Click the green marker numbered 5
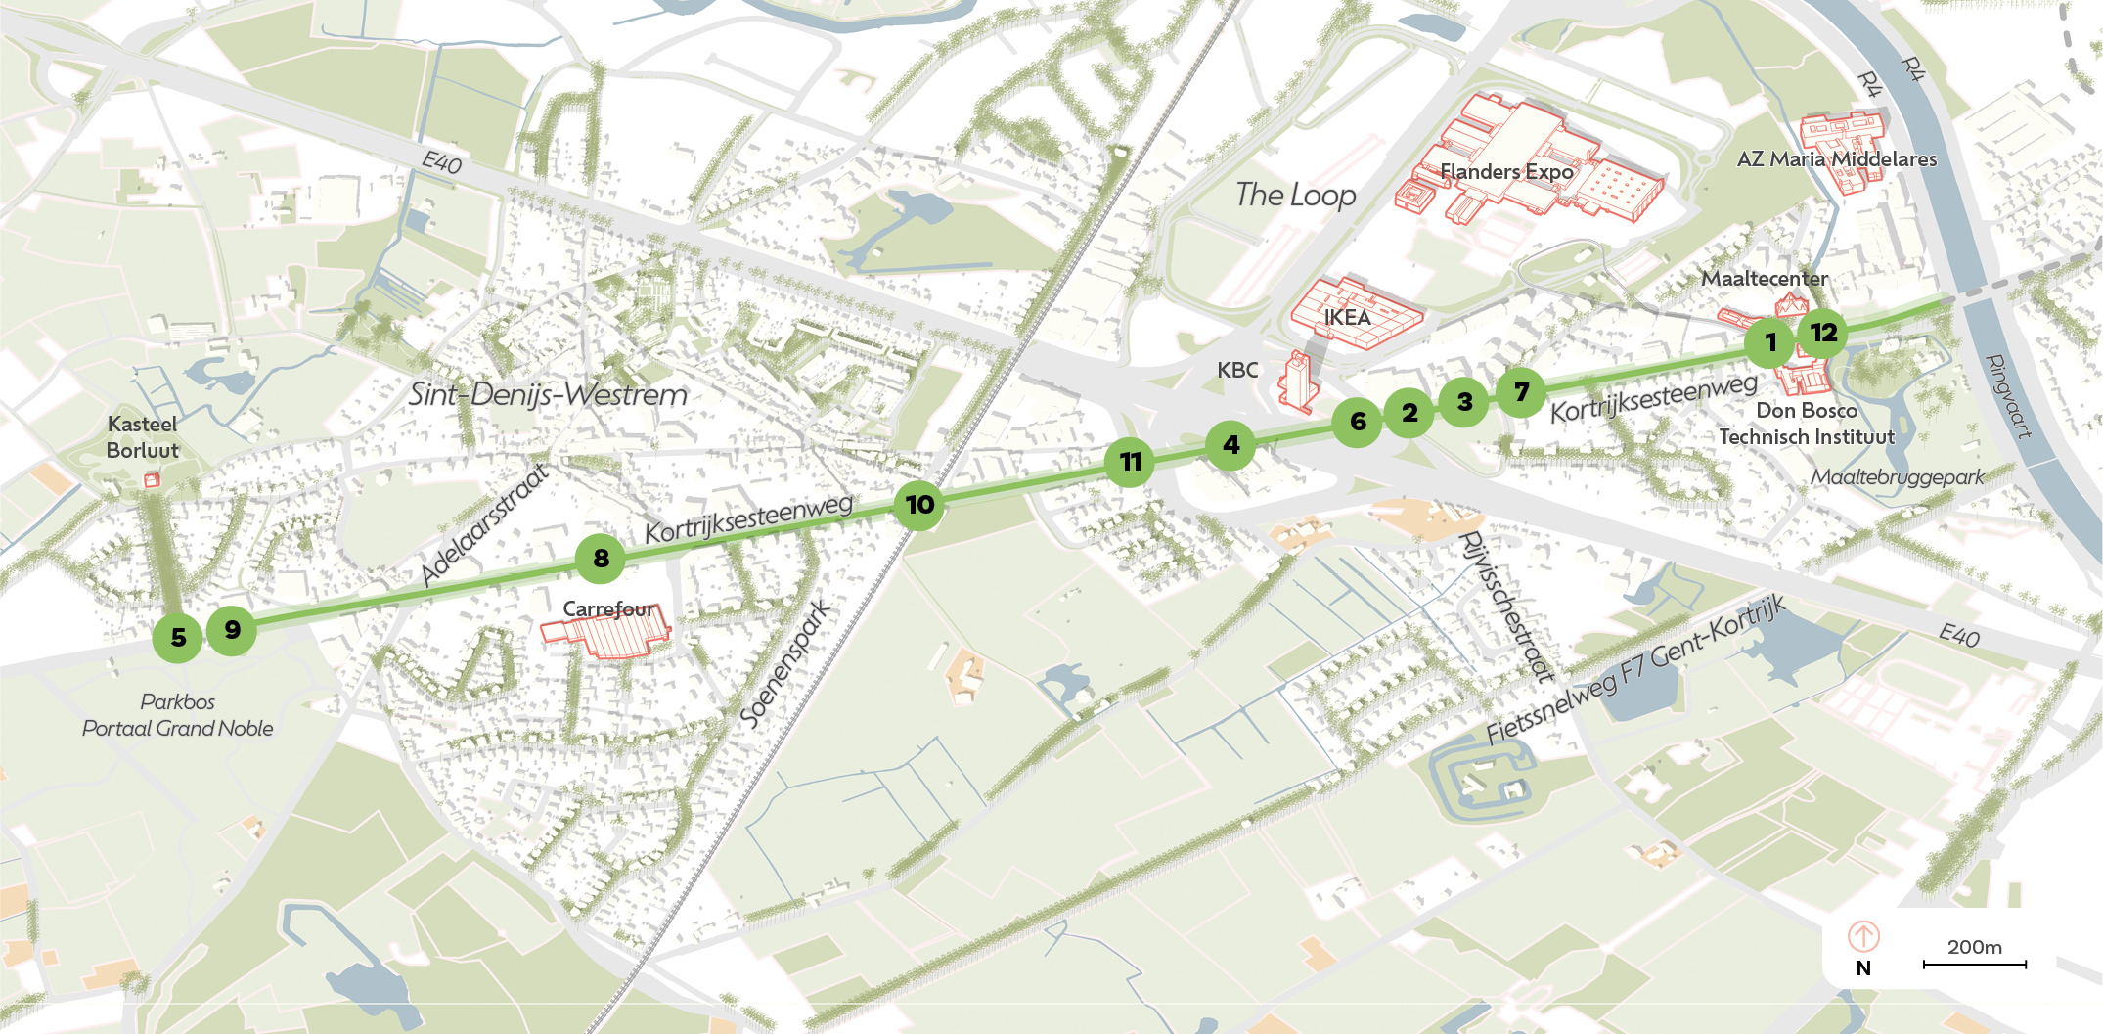click(177, 638)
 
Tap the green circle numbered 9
click(232, 629)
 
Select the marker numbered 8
click(601, 559)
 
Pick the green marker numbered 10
click(919, 505)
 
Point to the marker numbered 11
click(1130, 462)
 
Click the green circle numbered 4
click(1230, 445)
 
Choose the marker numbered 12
click(1823, 333)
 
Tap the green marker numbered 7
click(1521, 392)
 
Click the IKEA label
click(1347, 317)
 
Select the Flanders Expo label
click(1506, 172)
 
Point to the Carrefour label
click(608, 609)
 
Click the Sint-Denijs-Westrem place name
click(548, 394)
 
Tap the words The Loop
click(1295, 195)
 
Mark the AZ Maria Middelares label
click(1836, 159)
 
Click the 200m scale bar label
click(1974, 947)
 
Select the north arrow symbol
click(1863, 936)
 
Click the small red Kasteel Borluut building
click(152, 479)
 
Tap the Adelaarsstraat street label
click(484, 524)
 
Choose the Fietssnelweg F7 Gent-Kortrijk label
click(1635, 670)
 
